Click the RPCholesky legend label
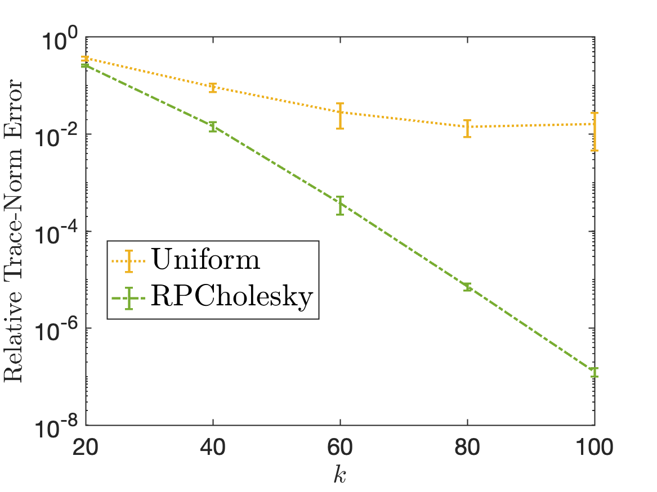click(231, 297)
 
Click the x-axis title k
click(340, 475)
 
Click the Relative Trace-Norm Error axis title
click(15, 231)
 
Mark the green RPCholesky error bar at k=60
click(340, 206)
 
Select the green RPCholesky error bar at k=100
click(595, 372)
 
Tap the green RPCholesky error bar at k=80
click(467, 287)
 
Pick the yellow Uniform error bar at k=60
click(340, 116)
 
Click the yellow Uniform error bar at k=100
click(595, 131)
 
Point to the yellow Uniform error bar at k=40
click(213, 87)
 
